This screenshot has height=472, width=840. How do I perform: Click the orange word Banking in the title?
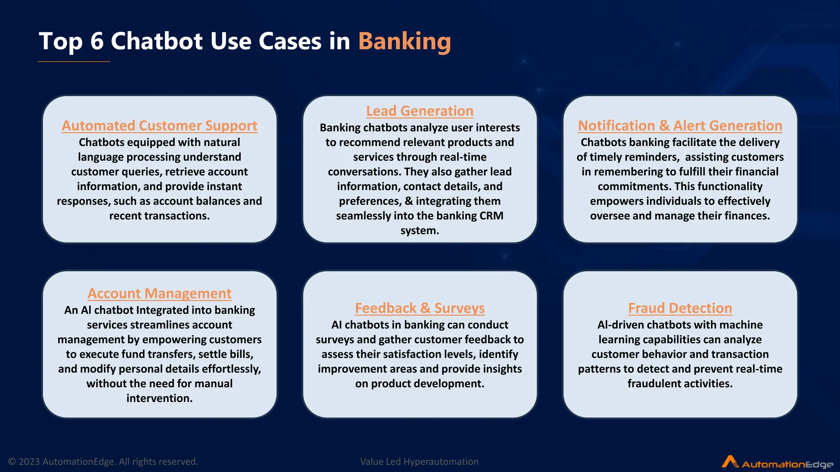tap(404, 41)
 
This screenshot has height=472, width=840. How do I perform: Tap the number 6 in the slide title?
tap(97, 41)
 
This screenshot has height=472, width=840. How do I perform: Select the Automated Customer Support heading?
tap(160, 125)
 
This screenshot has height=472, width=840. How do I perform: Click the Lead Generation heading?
tap(420, 111)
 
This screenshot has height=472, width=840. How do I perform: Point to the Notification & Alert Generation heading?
tap(680, 125)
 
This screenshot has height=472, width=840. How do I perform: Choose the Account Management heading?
tap(160, 293)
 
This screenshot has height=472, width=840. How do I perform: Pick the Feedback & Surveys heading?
tap(420, 308)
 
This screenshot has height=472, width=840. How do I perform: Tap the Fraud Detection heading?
tap(680, 308)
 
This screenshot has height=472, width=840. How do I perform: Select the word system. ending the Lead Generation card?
tap(420, 231)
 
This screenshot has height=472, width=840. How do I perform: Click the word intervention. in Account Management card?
tap(160, 398)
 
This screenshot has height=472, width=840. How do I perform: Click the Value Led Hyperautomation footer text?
tap(419, 462)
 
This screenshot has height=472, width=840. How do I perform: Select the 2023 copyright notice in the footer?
tap(103, 462)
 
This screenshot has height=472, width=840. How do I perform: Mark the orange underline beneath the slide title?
tap(74, 61)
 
